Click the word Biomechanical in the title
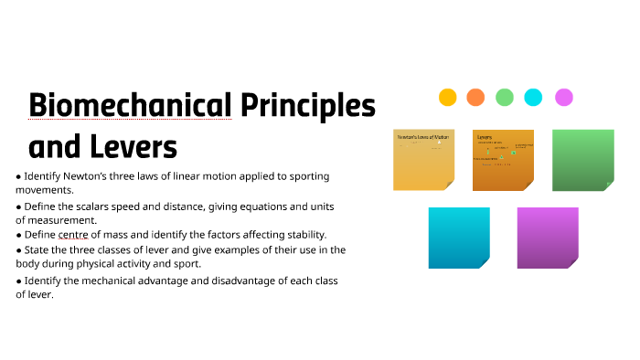(x=131, y=106)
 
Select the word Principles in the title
(x=308, y=106)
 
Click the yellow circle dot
(x=447, y=97)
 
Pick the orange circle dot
(x=475, y=97)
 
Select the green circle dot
(x=505, y=97)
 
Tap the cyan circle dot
(x=534, y=97)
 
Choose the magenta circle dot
(x=564, y=97)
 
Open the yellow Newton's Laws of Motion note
(x=423, y=159)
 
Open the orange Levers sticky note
(x=503, y=159)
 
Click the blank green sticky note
(x=582, y=159)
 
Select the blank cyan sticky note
(x=459, y=238)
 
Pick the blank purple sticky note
(x=548, y=238)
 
